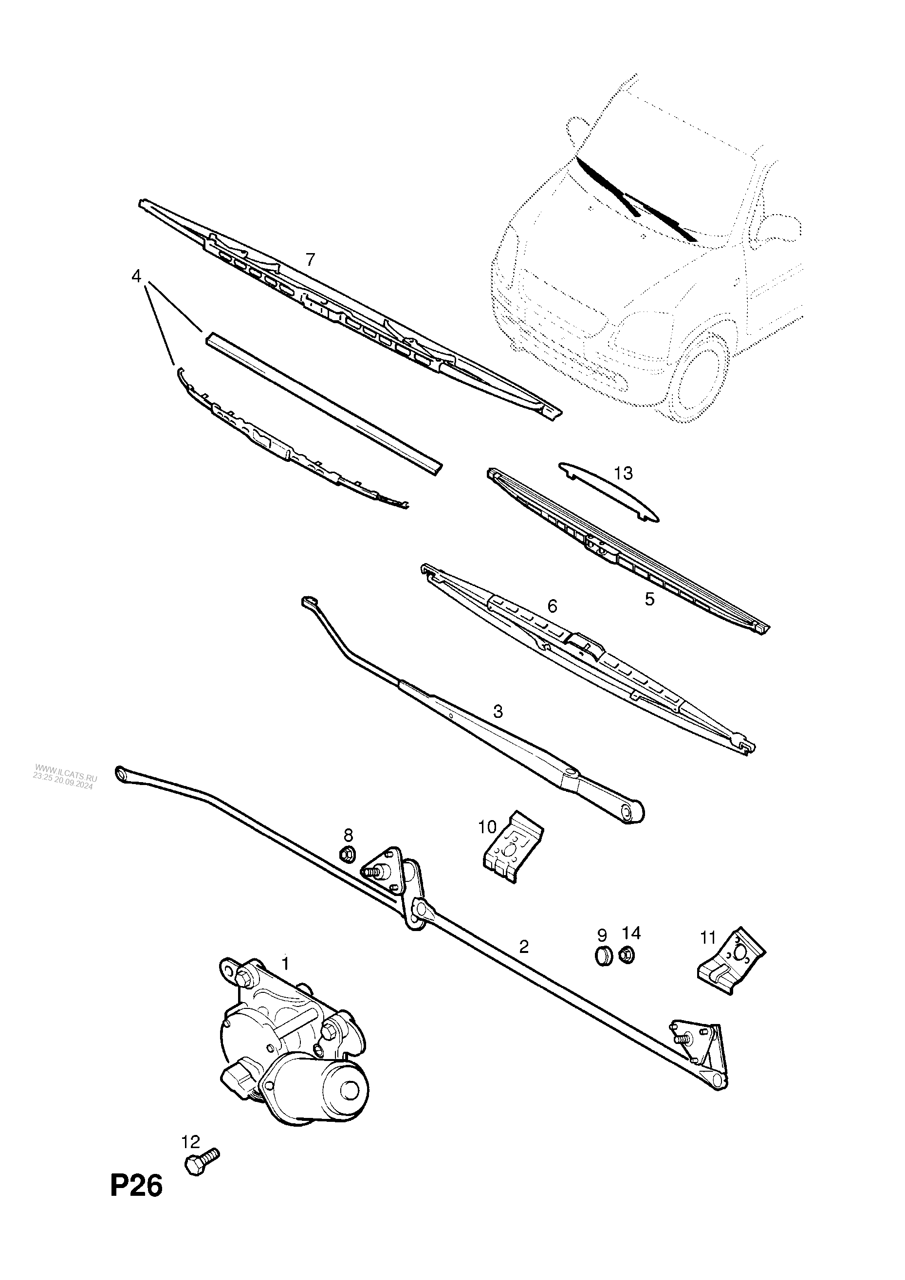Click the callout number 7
(310, 259)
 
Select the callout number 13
(624, 474)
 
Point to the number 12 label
(190, 1142)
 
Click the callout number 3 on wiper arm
(498, 712)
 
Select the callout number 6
(552, 606)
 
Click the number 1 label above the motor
(285, 963)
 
